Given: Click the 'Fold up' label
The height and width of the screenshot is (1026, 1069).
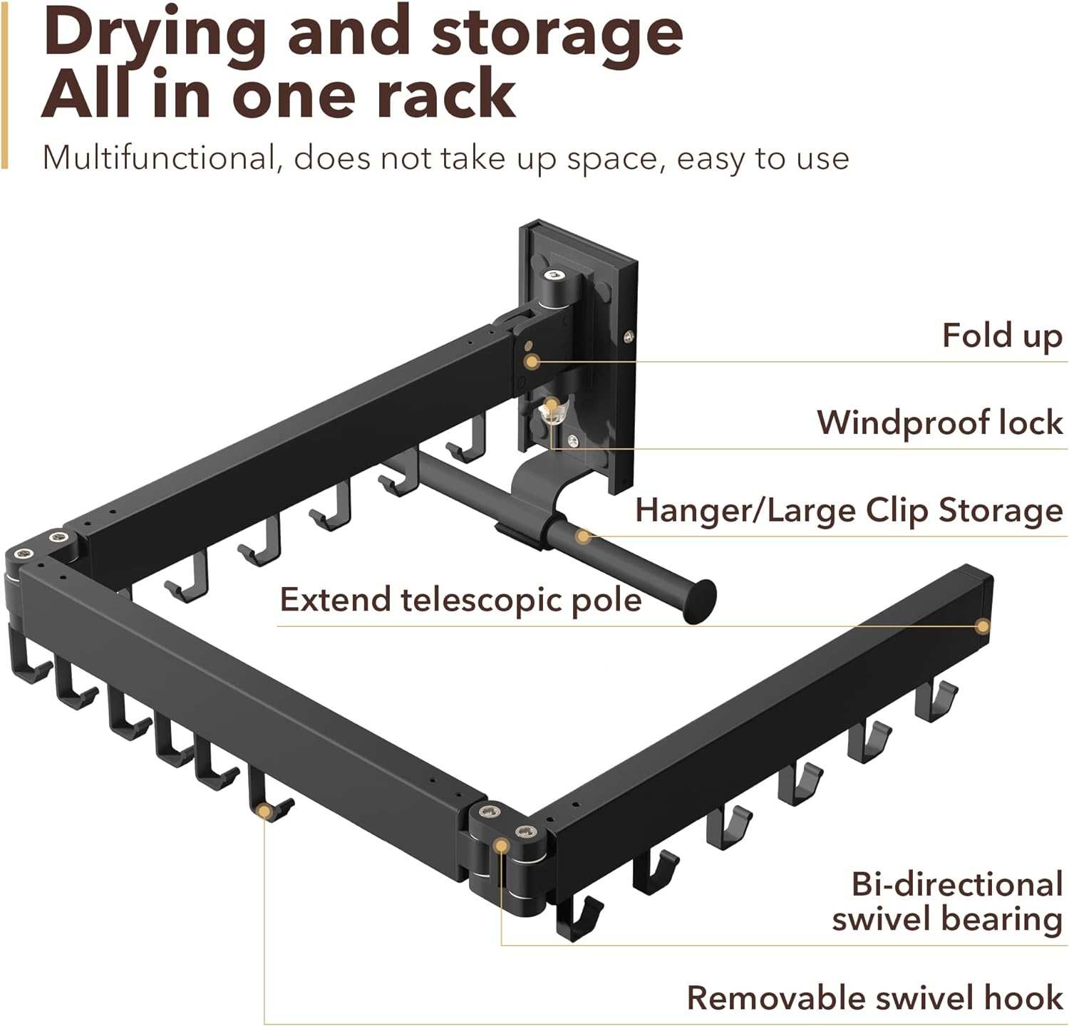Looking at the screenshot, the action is (1002, 336).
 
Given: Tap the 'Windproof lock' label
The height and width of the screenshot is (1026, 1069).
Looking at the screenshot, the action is (940, 423).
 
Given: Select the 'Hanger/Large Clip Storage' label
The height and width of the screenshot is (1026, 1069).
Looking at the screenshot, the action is (849, 511).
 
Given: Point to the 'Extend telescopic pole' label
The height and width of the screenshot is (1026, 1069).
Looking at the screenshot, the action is (460, 600).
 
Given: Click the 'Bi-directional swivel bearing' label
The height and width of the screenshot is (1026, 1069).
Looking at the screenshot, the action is (948, 901).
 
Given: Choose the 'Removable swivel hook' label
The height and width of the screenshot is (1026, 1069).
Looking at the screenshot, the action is (874, 997).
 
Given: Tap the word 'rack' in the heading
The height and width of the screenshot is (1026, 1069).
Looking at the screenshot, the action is (445, 95).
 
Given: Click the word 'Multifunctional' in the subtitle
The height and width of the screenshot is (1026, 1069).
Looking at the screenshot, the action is (159, 157).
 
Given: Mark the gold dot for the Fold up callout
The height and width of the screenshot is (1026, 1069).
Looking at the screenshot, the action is (531, 362).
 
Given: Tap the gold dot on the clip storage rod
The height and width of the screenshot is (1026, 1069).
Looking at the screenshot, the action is (583, 536).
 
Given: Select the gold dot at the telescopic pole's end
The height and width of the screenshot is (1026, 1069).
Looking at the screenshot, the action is (983, 626).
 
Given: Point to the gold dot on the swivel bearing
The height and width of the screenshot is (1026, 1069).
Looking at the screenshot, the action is (501, 846).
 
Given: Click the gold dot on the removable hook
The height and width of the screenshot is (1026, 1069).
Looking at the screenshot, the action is (264, 811).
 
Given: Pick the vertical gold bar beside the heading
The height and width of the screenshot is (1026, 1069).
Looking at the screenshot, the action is (4, 84).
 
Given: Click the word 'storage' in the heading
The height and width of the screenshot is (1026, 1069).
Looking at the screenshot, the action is (557, 34).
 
